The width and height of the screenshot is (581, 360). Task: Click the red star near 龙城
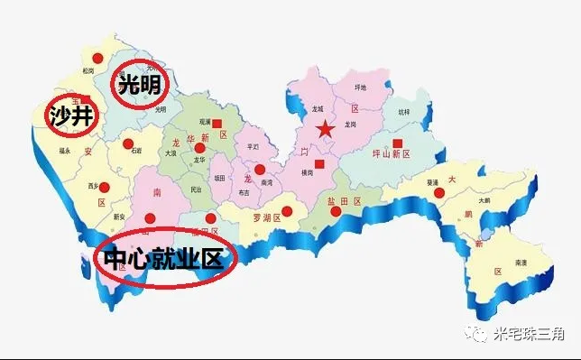click(x=326, y=130)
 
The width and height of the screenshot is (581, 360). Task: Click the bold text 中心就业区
click(x=162, y=260)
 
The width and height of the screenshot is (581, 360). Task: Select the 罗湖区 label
click(x=265, y=217)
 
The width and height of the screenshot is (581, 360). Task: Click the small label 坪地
click(x=362, y=88)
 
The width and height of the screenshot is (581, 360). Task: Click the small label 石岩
click(x=137, y=152)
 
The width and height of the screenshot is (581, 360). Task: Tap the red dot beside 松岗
click(x=101, y=58)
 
